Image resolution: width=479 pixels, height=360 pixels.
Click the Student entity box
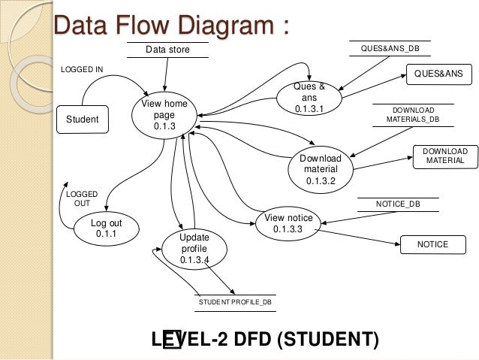tap(83, 119)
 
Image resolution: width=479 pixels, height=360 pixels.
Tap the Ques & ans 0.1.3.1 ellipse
tap(309, 98)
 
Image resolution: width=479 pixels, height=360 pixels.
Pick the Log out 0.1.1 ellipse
tap(105, 228)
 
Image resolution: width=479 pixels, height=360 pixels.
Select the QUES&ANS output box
tap(438, 74)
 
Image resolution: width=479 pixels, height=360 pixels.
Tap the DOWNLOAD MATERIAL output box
tap(445, 156)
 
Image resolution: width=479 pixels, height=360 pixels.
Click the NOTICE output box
tap(432, 244)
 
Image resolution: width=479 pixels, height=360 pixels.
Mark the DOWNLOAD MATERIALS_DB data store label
tap(413, 113)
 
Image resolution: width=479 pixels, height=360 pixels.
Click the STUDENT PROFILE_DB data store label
tap(235, 301)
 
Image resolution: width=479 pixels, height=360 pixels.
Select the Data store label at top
tap(168, 50)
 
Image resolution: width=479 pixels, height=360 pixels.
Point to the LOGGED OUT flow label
tap(77, 198)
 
